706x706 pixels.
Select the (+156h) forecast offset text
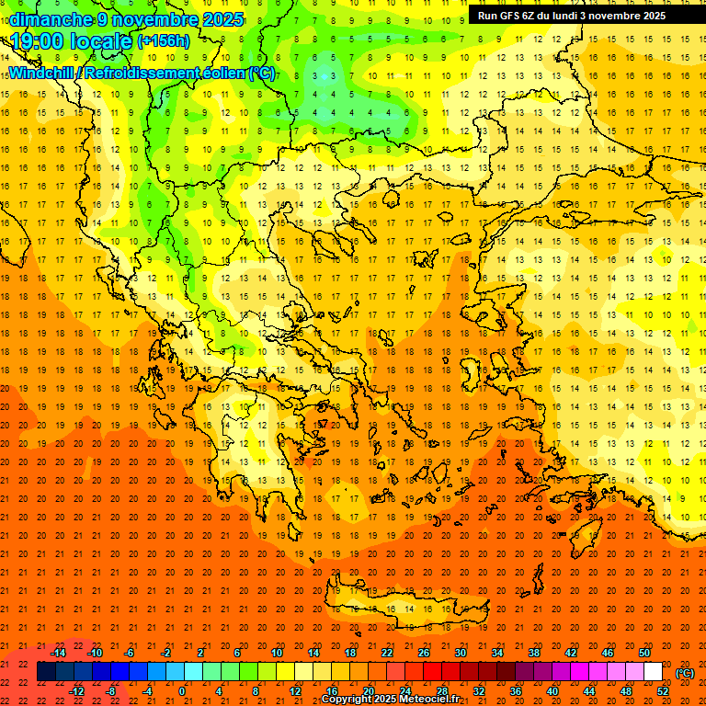coord(164,41)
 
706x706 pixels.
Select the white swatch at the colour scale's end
coord(653,672)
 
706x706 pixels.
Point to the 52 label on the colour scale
coord(663,690)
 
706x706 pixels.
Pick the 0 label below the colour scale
coord(181,690)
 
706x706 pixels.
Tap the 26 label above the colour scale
coord(424,652)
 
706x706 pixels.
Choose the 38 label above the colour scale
coord(534,652)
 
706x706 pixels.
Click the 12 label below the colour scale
coord(295,690)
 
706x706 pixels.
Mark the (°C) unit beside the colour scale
coord(685,672)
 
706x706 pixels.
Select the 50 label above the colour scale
coord(644,652)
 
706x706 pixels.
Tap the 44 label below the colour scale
coord(589,690)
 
